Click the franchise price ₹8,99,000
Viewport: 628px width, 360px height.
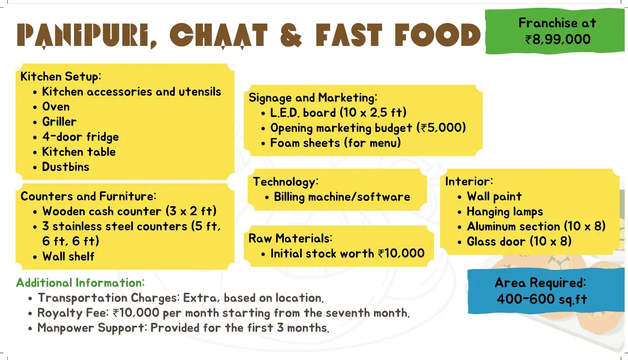(x=558, y=39)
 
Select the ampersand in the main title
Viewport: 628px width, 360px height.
(x=291, y=35)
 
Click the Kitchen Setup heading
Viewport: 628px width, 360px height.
(x=60, y=76)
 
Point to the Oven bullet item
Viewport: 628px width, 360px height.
(x=56, y=107)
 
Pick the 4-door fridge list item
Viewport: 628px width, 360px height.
(x=80, y=137)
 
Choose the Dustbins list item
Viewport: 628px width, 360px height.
(x=66, y=167)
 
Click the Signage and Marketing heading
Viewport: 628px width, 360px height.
(x=313, y=98)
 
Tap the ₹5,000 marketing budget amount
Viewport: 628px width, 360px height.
(x=441, y=128)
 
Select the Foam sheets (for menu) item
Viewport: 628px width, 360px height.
(x=335, y=143)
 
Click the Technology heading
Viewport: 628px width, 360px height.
(x=286, y=182)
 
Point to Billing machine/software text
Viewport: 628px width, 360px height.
(x=342, y=197)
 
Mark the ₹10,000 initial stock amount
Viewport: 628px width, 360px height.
(x=401, y=253)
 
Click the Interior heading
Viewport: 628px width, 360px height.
(x=469, y=181)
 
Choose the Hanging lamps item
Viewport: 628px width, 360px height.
(x=505, y=212)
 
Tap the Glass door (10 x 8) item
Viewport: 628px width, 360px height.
(x=519, y=241)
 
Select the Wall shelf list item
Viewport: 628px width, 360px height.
(x=69, y=256)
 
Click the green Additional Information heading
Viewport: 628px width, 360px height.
(x=80, y=283)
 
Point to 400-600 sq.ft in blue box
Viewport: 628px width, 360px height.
(x=542, y=299)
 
